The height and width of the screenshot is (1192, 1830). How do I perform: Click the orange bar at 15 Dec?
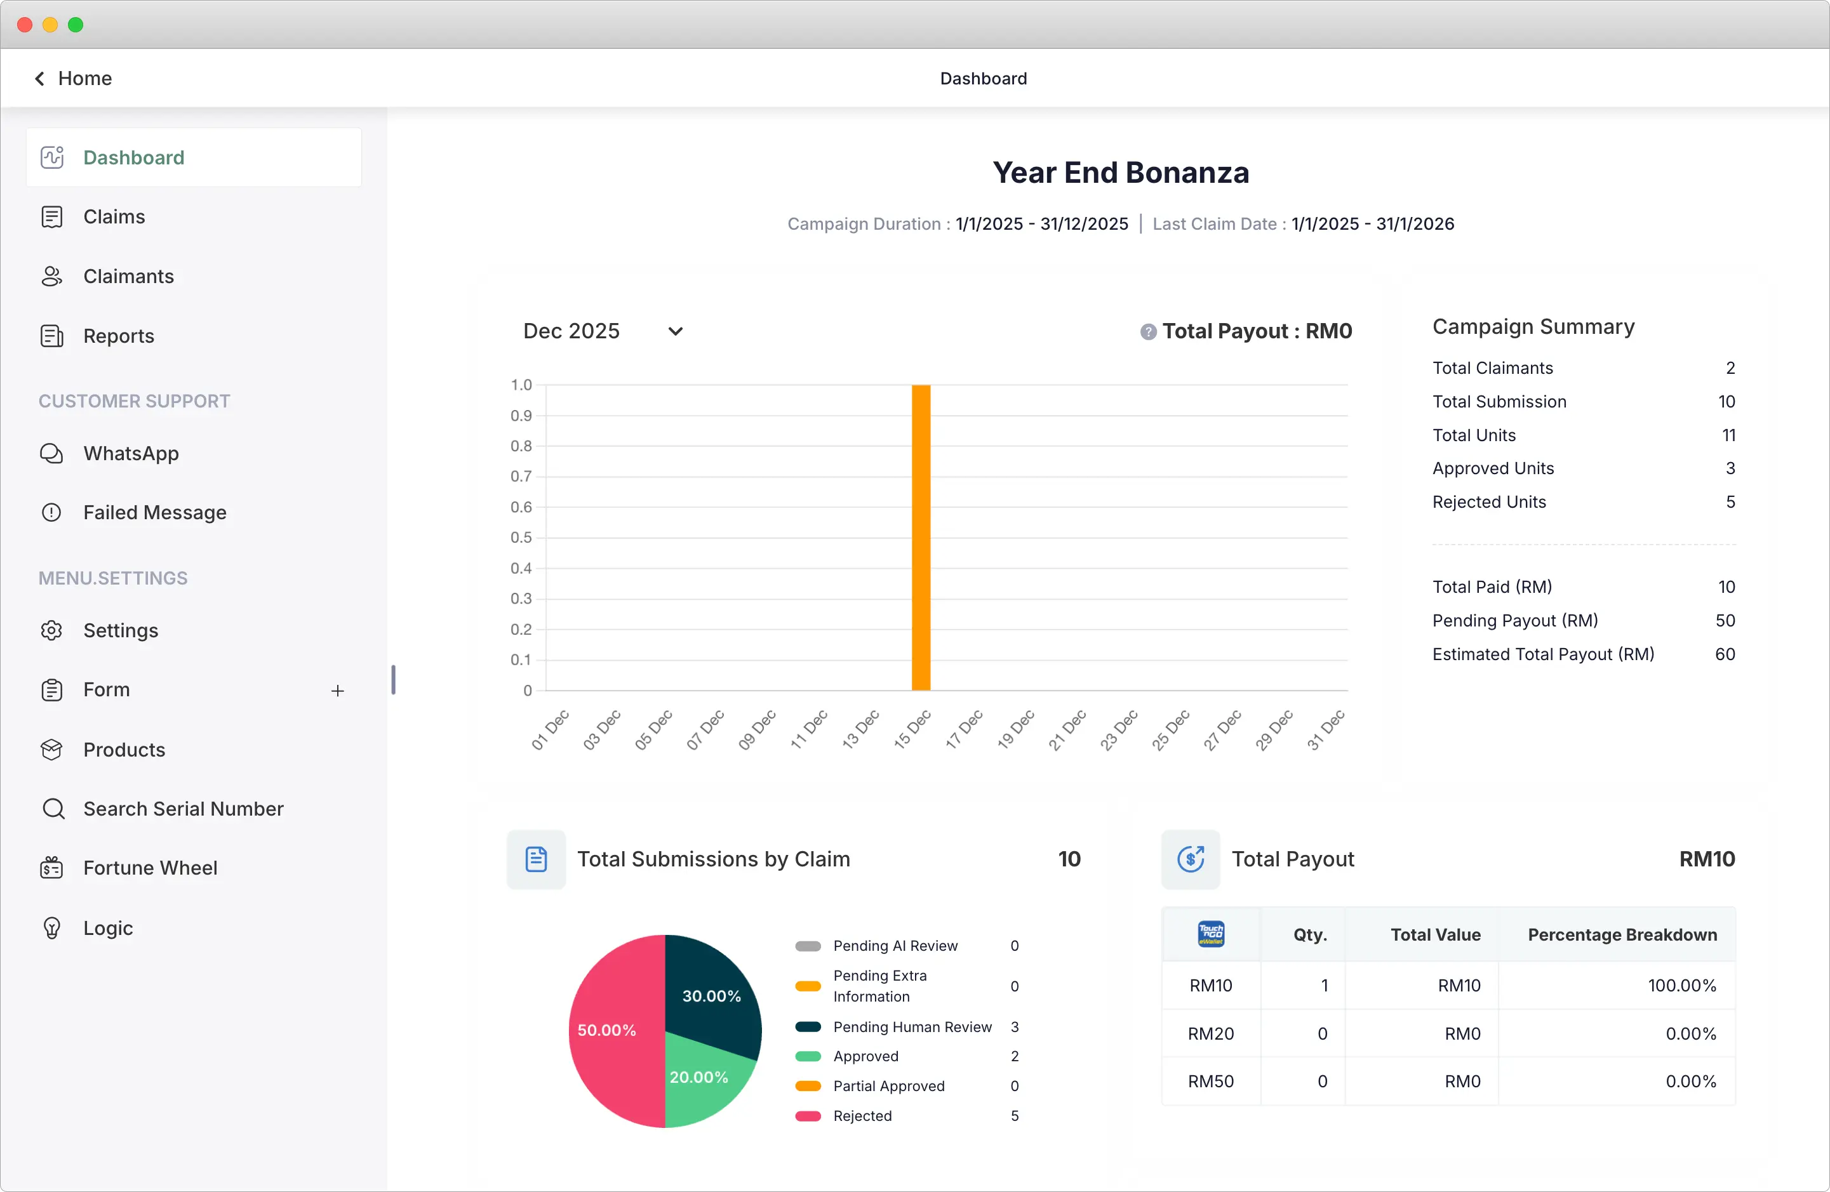920,538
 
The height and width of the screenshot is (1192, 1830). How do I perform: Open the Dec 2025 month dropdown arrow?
675,331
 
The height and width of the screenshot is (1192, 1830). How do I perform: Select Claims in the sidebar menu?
114,216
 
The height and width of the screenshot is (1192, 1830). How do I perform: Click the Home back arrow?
40,79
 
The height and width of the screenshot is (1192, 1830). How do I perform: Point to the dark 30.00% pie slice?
711,991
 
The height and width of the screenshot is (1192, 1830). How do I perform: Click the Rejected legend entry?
862,1116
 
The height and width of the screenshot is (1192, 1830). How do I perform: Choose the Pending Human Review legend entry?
912,1027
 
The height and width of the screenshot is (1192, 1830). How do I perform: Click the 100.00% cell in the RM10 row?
1681,985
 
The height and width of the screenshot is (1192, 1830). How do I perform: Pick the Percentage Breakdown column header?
1622,934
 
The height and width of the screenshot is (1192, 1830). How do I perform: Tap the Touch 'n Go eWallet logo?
1211,934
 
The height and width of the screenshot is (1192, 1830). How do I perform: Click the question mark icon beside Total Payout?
1147,332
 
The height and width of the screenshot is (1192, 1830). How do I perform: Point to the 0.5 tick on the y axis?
521,537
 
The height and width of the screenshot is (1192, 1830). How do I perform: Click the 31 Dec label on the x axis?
1326,730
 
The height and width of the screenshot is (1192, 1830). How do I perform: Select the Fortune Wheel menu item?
150,868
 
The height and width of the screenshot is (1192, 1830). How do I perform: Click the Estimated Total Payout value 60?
1725,654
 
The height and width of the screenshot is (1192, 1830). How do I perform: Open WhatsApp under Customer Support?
131,453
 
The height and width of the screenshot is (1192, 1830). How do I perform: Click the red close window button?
25,25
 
